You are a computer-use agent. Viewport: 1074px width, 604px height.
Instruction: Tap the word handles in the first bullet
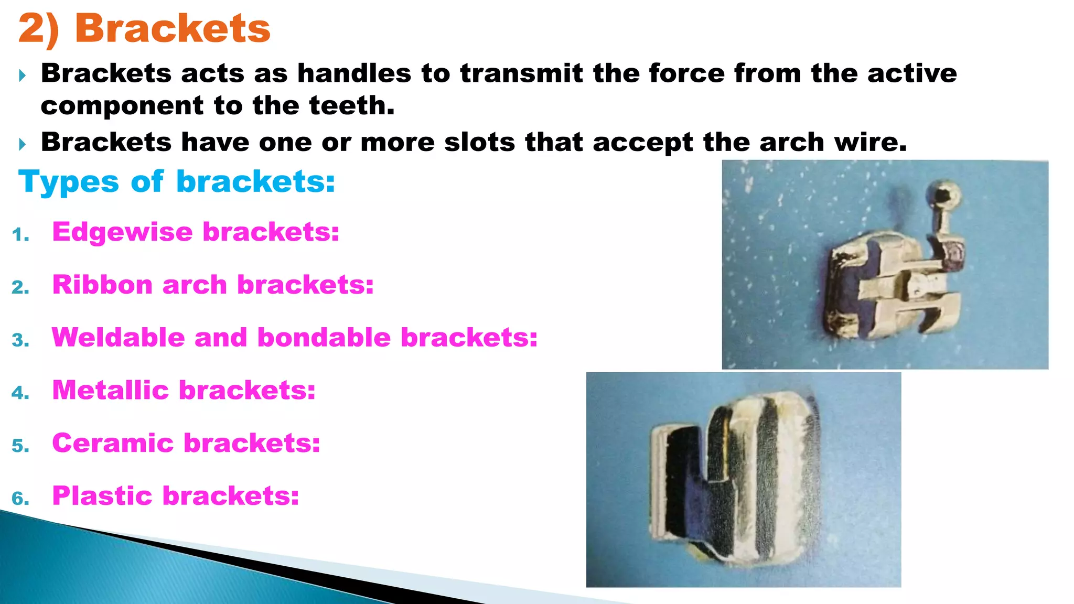pyautogui.click(x=355, y=73)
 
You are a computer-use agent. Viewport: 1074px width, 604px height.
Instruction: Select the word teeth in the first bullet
pyautogui.click(x=351, y=106)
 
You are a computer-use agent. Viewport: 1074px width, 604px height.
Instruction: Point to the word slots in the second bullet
pyautogui.click(x=479, y=142)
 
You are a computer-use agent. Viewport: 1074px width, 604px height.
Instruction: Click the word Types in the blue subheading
pyautogui.click(x=69, y=182)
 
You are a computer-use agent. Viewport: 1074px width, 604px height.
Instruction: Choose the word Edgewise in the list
pyautogui.click(x=122, y=232)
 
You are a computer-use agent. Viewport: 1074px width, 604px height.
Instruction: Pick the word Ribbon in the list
pyautogui.click(x=102, y=285)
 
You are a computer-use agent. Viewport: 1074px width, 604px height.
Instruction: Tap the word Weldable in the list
pyautogui.click(x=118, y=337)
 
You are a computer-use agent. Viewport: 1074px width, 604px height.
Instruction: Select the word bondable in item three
pyautogui.click(x=324, y=337)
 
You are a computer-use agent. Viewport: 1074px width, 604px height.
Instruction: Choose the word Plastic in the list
pyautogui.click(x=102, y=496)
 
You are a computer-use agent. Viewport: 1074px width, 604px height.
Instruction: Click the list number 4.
pyautogui.click(x=20, y=393)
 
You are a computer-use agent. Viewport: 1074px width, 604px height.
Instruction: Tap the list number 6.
pyautogui.click(x=20, y=499)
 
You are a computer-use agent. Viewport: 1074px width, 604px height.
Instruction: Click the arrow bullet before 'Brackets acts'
pyautogui.click(x=22, y=76)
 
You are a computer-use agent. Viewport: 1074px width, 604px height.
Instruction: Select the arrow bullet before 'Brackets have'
pyautogui.click(x=22, y=144)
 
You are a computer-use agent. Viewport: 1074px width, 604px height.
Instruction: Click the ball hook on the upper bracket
pyautogui.click(x=946, y=195)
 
